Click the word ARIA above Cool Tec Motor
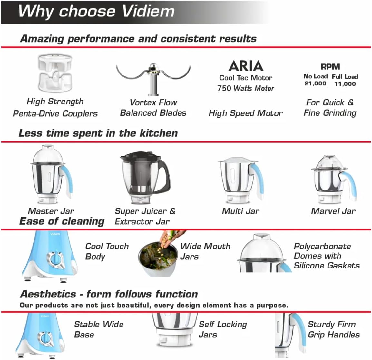(246, 66)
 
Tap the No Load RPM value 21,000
(315, 83)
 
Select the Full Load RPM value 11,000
(345, 84)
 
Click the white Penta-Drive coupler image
(55, 73)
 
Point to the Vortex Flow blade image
(153, 77)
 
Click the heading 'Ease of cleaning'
(62, 221)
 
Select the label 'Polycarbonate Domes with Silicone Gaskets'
(327, 256)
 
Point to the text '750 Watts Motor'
(246, 88)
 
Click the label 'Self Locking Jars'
(222, 329)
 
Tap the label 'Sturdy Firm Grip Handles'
(334, 329)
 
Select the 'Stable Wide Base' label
(99, 329)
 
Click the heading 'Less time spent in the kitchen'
(98, 133)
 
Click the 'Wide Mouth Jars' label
(205, 251)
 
